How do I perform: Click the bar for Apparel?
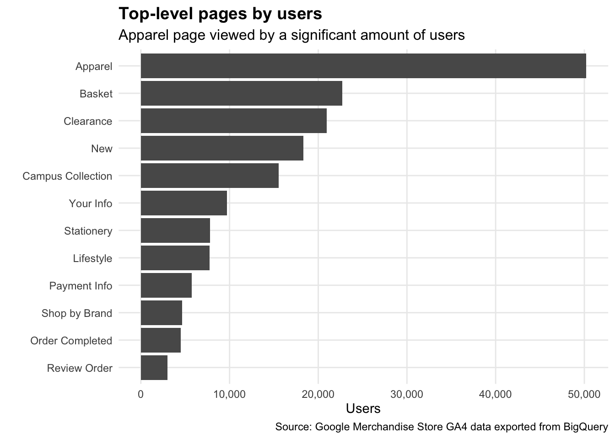click(x=363, y=66)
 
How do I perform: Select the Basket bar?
click(x=241, y=93)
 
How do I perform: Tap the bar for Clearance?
click(x=233, y=121)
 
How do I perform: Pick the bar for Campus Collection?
click(x=210, y=176)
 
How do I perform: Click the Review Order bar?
click(x=154, y=368)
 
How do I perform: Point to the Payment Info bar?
click(x=166, y=285)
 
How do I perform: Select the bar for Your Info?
click(x=183, y=203)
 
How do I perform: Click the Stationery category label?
click(x=88, y=231)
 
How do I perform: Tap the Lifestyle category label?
click(x=92, y=258)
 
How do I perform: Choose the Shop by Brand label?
click(x=76, y=313)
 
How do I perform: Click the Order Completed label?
click(x=71, y=341)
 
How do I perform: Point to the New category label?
click(x=102, y=149)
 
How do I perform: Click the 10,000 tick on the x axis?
click(x=229, y=394)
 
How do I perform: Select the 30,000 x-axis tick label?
click(x=407, y=394)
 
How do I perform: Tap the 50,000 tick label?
click(x=584, y=394)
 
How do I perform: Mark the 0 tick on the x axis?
click(x=140, y=394)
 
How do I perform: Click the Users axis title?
click(x=363, y=408)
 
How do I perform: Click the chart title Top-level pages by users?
click(x=220, y=14)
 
